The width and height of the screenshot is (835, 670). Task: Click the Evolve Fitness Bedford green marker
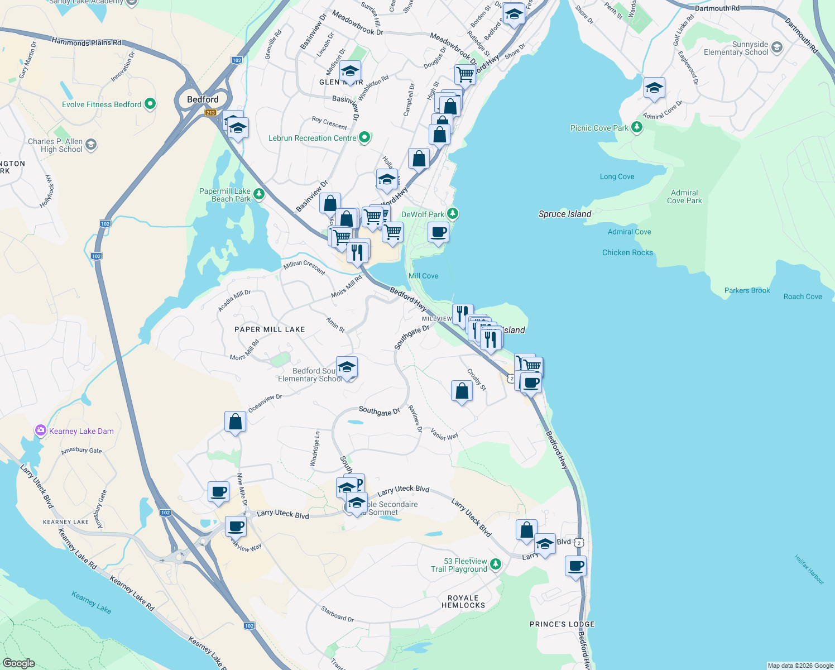(150, 104)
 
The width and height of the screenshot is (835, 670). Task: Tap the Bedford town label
(203, 99)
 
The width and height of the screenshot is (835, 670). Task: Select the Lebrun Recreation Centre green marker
(364, 137)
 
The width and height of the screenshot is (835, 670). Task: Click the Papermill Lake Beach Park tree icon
(258, 194)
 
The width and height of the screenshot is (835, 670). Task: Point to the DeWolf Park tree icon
(453, 214)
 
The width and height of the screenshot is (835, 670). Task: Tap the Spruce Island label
(564, 214)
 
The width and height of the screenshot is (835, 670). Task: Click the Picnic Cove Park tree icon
(636, 127)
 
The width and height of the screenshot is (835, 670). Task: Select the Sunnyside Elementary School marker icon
(777, 48)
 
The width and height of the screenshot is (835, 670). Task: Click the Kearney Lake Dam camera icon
(40, 430)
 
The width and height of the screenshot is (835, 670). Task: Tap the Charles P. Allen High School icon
(91, 145)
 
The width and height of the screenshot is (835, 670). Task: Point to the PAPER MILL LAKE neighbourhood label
(270, 329)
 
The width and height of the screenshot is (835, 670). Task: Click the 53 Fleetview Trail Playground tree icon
(495, 565)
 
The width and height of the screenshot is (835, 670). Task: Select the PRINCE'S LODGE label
(562, 624)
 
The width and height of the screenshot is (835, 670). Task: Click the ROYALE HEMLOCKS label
(463, 601)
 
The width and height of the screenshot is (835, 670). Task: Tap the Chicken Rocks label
(627, 252)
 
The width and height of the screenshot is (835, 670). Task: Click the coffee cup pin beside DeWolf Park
(438, 232)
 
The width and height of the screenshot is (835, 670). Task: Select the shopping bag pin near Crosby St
(462, 391)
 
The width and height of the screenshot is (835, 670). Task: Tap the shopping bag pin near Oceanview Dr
(235, 422)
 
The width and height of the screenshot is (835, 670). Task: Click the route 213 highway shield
(210, 113)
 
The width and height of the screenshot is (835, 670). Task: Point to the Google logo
(18, 663)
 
